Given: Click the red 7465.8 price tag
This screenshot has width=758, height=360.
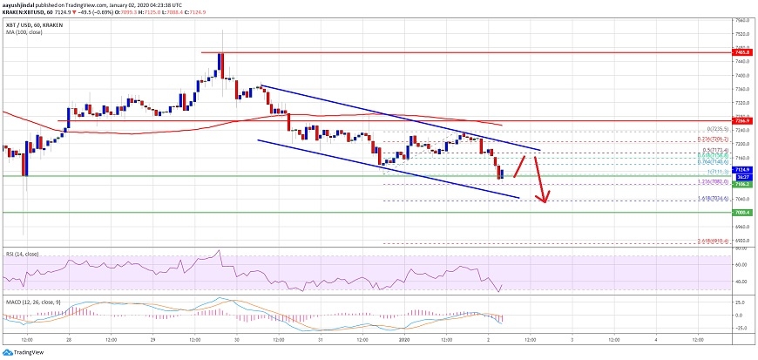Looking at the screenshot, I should tap(742, 53).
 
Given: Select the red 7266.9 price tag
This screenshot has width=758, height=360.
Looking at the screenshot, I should tap(742, 121).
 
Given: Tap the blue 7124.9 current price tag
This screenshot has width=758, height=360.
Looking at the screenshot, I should tap(742, 169).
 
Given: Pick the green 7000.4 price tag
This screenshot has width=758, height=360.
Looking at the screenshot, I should tap(742, 212).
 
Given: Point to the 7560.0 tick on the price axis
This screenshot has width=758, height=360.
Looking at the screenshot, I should tap(742, 20).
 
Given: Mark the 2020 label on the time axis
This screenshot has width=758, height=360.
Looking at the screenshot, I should tap(403, 338).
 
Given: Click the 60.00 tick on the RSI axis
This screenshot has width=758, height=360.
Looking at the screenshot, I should tap(741, 264).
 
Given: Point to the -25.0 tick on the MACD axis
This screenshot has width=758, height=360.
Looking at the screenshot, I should tap(741, 328).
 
